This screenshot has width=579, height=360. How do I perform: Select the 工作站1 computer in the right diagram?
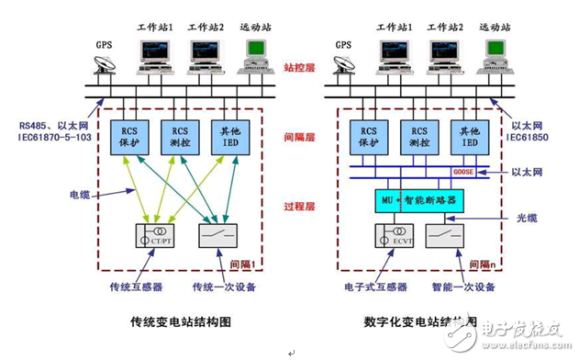click(395, 54)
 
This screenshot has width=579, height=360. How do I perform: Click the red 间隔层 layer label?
click(299, 137)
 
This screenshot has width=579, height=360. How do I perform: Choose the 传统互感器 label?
click(113, 286)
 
